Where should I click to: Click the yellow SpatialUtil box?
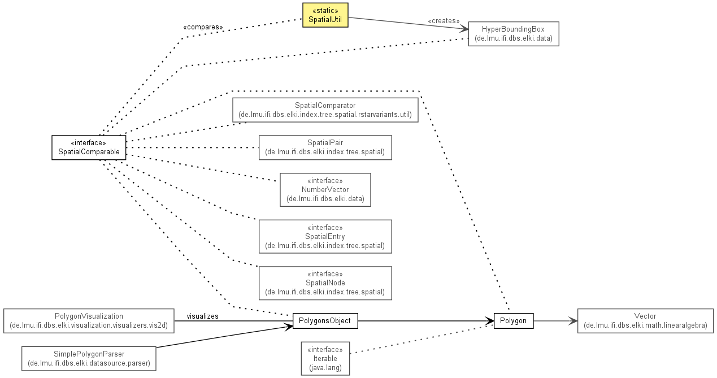(325, 15)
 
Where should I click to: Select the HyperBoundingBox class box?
(514, 34)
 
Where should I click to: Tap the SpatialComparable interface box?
(89, 147)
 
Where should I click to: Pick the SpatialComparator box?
(325, 110)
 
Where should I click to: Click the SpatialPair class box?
(325, 147)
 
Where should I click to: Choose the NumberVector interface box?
(325, 190)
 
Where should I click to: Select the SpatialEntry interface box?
(325, 237)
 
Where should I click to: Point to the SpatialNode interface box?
(325, 283)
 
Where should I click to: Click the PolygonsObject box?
(325, 321)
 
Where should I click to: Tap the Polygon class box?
(514, 321)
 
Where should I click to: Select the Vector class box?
(645, 321)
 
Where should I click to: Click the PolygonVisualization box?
(89, 321)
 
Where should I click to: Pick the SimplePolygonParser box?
(89, 358)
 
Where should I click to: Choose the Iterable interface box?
(325, 358)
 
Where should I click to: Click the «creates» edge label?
(444, 21)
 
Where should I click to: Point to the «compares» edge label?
(203, 27)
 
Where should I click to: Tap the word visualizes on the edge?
(202, 316)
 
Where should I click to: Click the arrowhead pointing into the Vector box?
(573, 321)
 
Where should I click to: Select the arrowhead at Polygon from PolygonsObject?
(489, 321)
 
